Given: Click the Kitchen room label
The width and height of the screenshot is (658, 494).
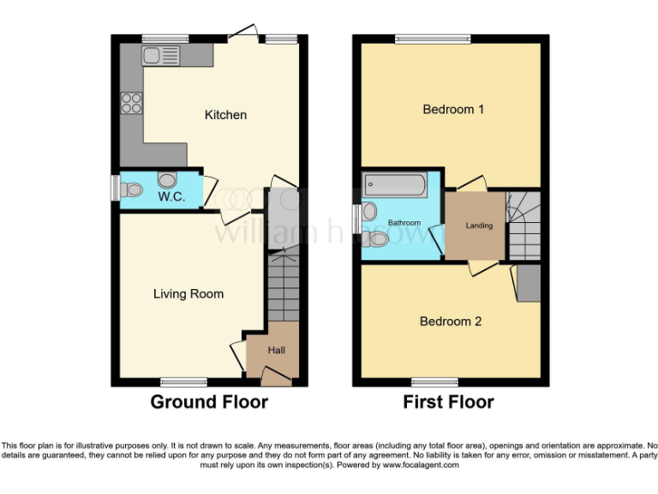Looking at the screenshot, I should click(225, 115).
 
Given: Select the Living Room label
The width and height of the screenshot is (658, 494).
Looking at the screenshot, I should click(188, 294).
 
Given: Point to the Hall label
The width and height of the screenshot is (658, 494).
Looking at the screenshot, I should click(277, 350).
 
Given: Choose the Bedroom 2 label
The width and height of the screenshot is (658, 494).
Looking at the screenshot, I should click(451, 322).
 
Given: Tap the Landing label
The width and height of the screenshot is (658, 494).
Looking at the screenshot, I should click(479, 226).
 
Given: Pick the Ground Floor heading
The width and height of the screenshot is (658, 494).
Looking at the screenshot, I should click(209, 401).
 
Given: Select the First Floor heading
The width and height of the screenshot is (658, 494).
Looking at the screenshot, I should click(449, 401).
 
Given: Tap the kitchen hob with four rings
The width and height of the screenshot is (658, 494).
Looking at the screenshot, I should click(132, 103).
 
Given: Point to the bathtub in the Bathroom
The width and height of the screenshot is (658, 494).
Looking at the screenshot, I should click(395, 184).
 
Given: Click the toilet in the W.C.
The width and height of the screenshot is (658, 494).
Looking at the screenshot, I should click(130, 190).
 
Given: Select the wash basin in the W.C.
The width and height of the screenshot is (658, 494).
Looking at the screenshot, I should click(167, 179).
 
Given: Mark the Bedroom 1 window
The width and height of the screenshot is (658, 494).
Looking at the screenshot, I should click(432, 39).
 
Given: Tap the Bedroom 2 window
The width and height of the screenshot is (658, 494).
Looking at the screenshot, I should click(434, 382).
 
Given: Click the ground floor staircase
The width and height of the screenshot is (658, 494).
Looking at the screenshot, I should click(282, 287).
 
